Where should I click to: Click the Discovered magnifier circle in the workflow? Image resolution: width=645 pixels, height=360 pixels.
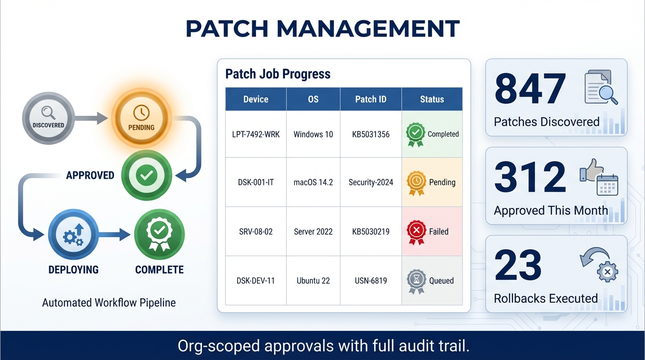point(48,118)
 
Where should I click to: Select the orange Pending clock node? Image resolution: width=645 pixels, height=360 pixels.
point(141,118)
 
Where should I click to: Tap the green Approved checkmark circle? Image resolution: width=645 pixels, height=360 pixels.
point(147,176)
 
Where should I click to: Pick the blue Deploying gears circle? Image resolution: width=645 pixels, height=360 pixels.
point(73,234)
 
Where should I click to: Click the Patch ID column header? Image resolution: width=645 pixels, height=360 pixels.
point(371,99)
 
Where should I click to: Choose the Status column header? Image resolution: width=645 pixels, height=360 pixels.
point(432,99)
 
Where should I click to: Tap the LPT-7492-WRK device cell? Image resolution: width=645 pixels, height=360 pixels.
point(256,135)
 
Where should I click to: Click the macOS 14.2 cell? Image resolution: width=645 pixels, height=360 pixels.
point(313,182)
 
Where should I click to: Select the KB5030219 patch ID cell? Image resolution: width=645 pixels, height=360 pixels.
point(371,232)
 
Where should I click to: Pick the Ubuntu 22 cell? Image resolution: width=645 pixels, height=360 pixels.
point(313,281)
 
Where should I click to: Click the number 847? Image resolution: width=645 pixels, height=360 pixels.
point(530,89)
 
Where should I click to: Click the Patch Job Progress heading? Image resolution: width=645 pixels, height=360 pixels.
point(278,74)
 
